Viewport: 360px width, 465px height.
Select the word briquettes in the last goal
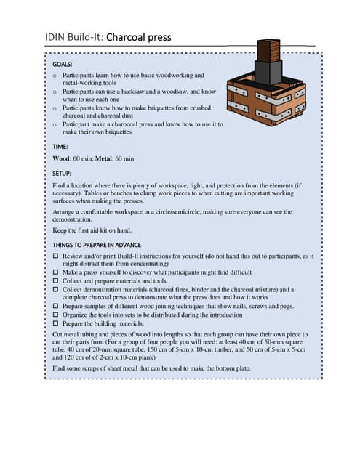coord(114,132)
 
